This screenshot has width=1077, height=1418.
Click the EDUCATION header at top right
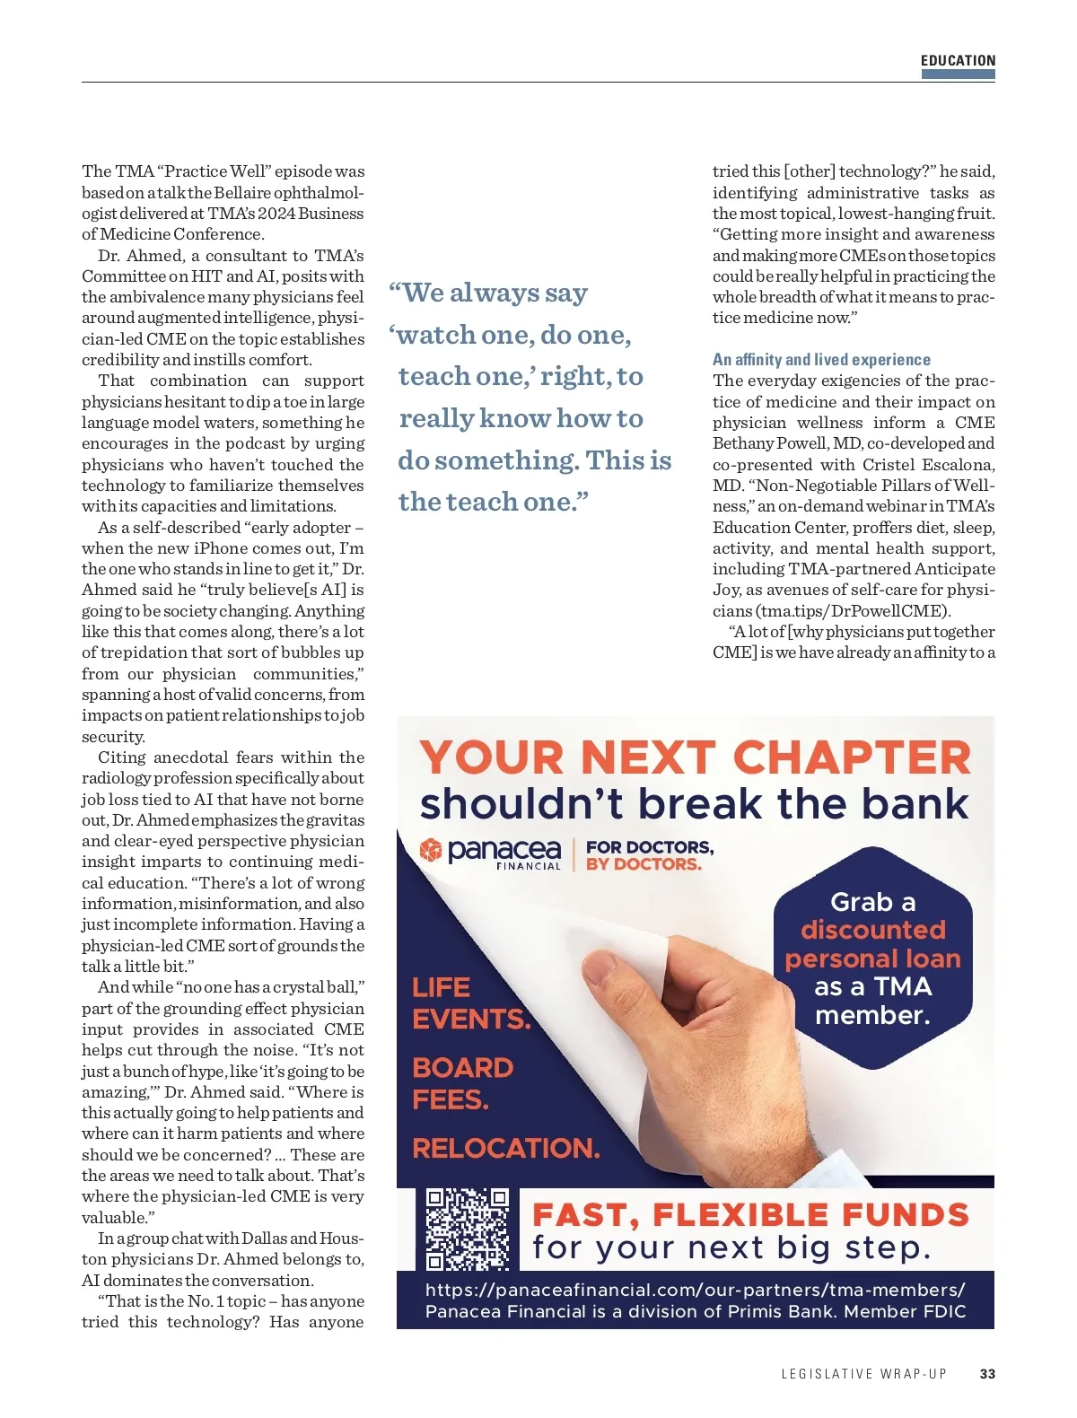tap(958, 60)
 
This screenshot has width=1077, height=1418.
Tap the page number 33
tap(987, 1373)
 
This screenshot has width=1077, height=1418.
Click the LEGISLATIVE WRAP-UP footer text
tap(863, 1373)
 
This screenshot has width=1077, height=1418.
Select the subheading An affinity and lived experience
tap(821, 359)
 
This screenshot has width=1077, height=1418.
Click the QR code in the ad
tap(467, 1229)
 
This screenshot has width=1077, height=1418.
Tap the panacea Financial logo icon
tap(431, 849)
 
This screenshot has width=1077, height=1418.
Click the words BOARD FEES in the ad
tap(462, 1082)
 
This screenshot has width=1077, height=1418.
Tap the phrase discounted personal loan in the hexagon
tap(872, 944)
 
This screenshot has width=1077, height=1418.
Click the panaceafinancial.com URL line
tap(695, 1290)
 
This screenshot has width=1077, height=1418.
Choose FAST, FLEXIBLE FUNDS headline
tap(750, 1214)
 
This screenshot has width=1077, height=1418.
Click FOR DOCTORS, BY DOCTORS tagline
tap(650, 855)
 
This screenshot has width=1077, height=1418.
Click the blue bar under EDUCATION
tap(958, 74)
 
